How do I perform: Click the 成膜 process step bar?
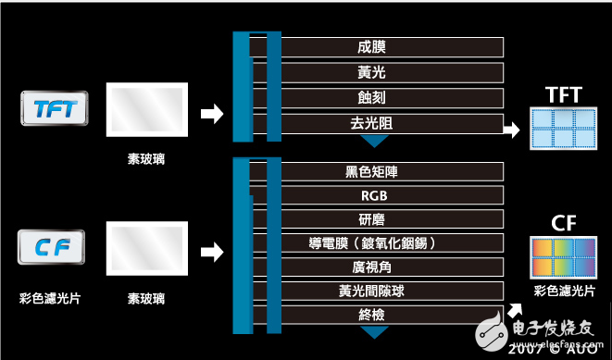pos(389,47)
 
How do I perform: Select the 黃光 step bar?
pos(389,73)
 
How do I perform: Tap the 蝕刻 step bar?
pos(389,98)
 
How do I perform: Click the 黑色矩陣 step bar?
pos(389,171)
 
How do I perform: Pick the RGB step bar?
pos(389,195)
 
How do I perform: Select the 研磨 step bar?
pos(389,219)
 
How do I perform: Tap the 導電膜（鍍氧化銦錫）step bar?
pos(389,243)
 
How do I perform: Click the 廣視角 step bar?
pos(389,267)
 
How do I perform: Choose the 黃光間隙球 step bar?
pos(389,292)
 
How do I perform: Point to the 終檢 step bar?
pos(389,316)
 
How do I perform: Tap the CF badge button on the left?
pos(53,247)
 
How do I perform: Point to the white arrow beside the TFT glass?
pos(212,113)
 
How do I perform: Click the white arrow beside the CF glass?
pos(212,250)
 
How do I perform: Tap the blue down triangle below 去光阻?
pos(373,141)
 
